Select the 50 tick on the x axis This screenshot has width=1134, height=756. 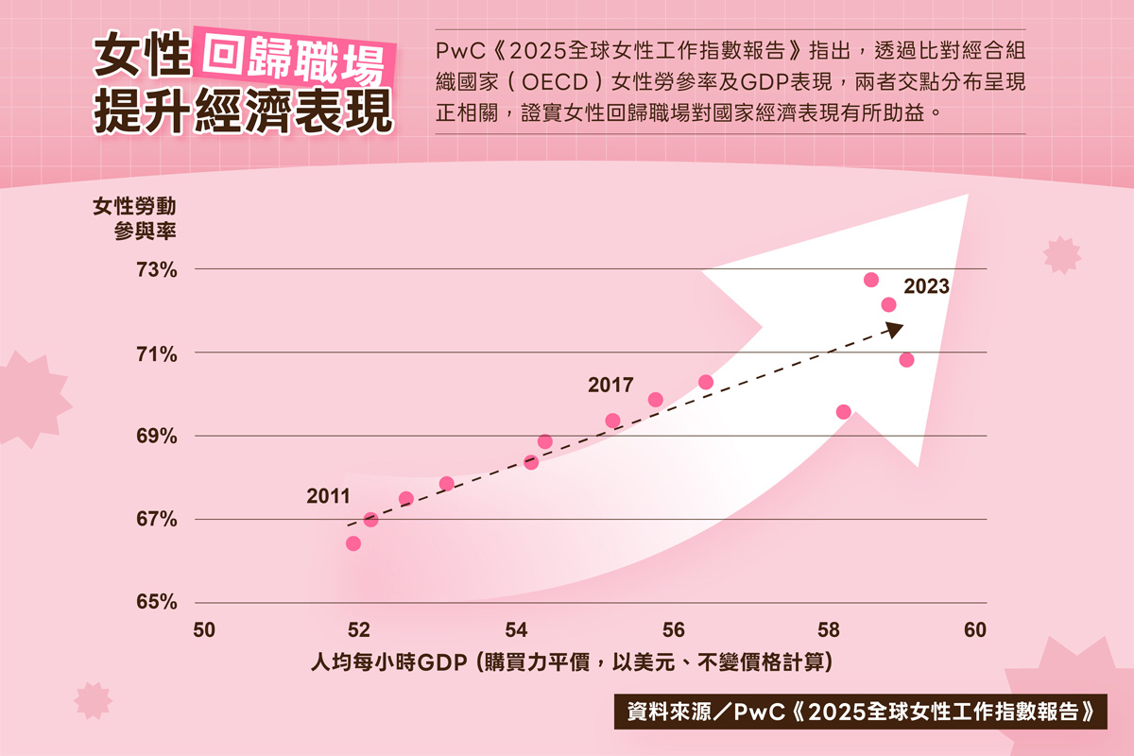(x=204, y=630)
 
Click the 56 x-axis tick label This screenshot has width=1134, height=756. (x=674, y=630)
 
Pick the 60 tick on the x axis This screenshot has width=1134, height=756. (x=975, y=630)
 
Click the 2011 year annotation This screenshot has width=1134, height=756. (x=328, y=496)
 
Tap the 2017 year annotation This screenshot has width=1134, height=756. (x=610, y=385)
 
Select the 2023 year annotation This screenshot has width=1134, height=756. (x=926, y=287)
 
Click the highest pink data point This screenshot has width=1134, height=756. (x=871, y=280)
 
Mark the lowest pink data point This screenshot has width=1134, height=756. (x=353, y=543)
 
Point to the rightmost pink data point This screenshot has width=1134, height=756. (x=906, y=360)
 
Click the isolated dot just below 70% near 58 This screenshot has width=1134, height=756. (x=844, y=412)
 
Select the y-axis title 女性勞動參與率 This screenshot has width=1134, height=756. (x=134, y=216)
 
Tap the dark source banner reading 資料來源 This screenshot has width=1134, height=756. (x=859, y=712)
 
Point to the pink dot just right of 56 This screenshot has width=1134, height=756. (x=705, y=382)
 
